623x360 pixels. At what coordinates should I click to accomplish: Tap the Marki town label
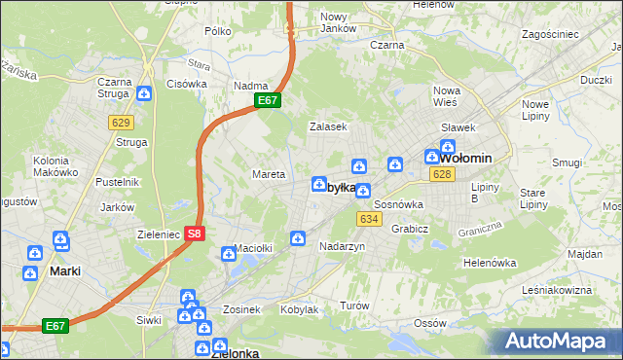pos(64,272)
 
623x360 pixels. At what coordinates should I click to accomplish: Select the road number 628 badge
pos(441,174)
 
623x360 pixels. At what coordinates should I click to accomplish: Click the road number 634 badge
pos(368,219)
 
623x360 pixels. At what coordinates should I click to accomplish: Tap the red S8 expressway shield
pos(195,234)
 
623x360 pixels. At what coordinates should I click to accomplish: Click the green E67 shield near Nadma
pos(269,100)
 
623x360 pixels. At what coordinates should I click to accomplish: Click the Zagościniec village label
pos(550,34)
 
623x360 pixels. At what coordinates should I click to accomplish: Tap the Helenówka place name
pos(489,263)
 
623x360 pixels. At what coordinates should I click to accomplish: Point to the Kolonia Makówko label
pos(55,166)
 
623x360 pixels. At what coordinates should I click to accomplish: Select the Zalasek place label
pos(328,126)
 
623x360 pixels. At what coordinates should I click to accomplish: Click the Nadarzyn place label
pos(342,247)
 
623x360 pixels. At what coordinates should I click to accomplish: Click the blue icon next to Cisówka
pos(144,93)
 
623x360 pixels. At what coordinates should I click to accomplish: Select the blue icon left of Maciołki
pos(229,254)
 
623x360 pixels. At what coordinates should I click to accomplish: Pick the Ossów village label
pos(429,322)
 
